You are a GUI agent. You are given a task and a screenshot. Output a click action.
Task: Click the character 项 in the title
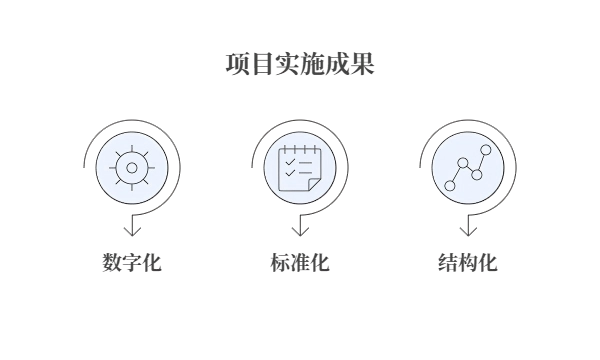tap(237, 65)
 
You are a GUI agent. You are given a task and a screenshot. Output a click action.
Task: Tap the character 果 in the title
tap(362, 65)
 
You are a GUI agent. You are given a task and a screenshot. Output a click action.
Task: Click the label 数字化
tap(131, 263)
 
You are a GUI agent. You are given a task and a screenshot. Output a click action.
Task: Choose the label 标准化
tap(299, 263)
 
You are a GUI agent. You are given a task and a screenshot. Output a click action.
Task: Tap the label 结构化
tap(467, 263)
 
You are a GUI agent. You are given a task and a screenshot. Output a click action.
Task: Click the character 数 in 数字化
tap(111, 263)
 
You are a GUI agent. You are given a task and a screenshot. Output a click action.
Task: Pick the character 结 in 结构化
tap(447, 263)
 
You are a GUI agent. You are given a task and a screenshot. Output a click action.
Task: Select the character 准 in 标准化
tap(299, 263)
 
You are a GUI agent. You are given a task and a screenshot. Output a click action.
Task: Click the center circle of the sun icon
tap(131, 166)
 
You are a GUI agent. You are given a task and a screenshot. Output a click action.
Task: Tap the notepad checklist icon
tap(298, 166)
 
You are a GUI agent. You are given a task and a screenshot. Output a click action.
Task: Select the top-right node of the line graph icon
tap(486, 149)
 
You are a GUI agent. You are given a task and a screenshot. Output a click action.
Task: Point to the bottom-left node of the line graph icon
tap(450, 185)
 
